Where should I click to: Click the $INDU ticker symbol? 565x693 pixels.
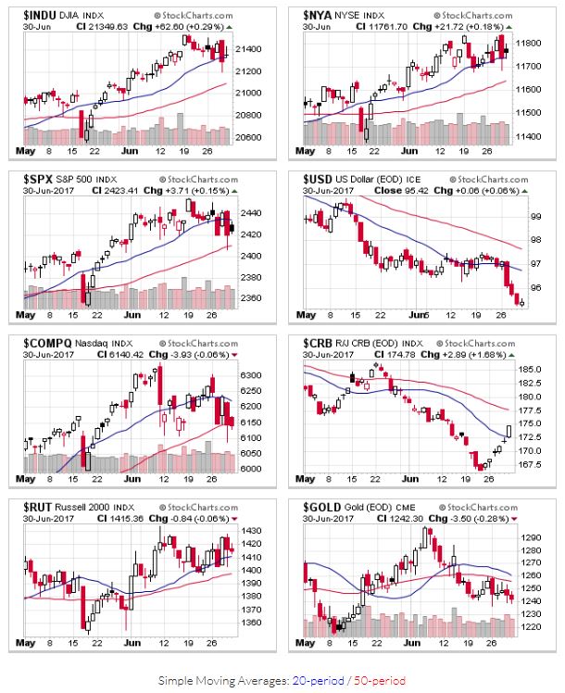click(x=35, y=16)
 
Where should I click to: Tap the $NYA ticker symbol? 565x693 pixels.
click(x=320, y=16)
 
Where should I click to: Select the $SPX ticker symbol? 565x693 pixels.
click(x=32, y=177)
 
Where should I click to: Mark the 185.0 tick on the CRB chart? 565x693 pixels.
click(x=529, y=370)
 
